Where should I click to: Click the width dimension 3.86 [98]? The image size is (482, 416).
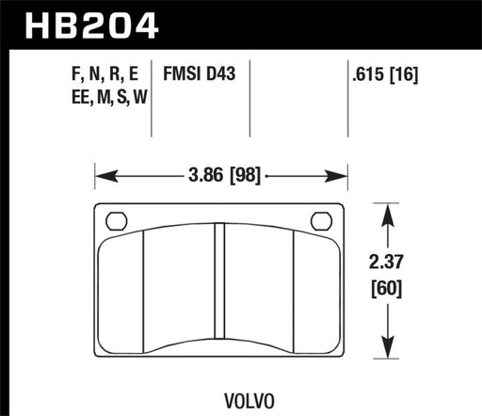(x=221, y=175)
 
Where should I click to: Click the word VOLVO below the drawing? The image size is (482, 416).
(x=222, y=386)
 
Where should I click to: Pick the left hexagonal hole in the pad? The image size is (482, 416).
(x=118, y=222)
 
